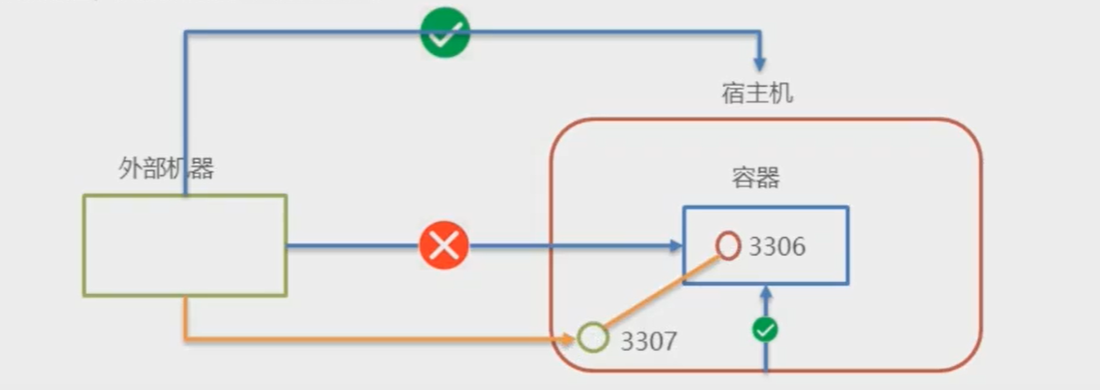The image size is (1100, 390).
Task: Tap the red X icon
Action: coord(444,246)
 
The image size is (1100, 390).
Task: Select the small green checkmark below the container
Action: coord(766,329)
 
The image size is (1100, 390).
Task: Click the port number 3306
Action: coord(776,247)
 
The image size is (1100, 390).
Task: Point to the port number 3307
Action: coord(648,341)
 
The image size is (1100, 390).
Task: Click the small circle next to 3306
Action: coord(729,245)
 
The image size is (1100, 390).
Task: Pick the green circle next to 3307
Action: coord(592,338)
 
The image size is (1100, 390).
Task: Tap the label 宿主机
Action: coord(758,93)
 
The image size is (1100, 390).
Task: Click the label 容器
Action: coord(755,178)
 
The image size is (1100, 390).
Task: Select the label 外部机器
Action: coord(166,168)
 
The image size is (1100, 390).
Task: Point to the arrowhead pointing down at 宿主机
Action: coord(760,64)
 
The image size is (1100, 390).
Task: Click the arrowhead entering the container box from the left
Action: coord(675,246)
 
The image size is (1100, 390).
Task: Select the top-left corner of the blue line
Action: coord(185,33)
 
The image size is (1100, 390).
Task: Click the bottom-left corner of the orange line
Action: coord(185,338)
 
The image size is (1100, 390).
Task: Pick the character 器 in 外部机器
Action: coord(202,168)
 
